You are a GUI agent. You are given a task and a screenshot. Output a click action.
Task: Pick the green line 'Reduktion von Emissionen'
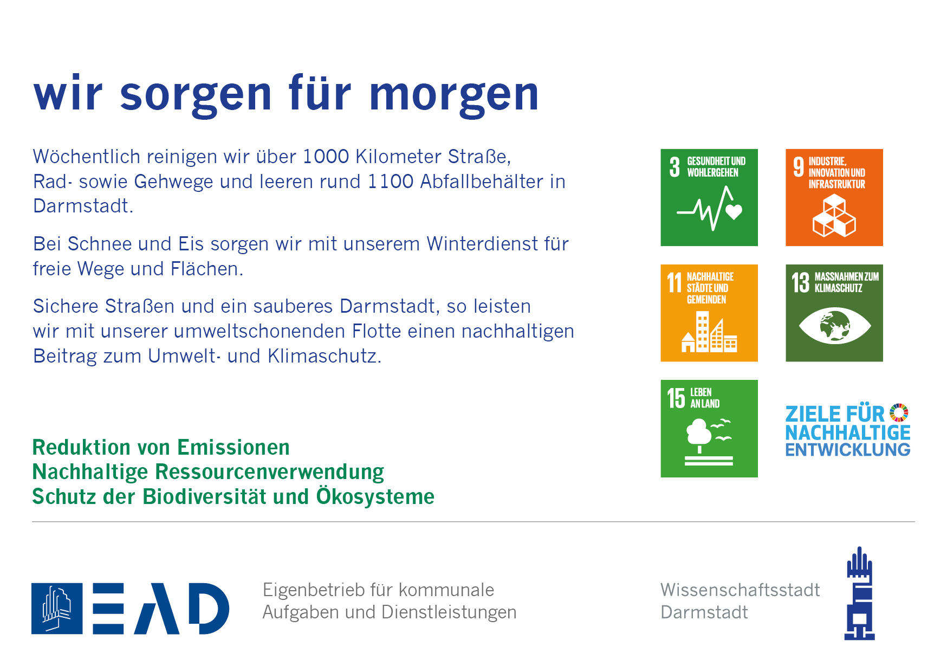(x=161, y=448)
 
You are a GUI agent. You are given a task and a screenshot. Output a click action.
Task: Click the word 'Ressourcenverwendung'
(x=269, y=472)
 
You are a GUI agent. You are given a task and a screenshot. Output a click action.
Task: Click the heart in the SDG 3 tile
(x=734, y=211)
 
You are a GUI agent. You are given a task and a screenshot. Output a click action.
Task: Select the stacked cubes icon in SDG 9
(x=834, y=216)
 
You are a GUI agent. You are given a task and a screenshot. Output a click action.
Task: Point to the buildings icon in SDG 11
(x=709, y=332)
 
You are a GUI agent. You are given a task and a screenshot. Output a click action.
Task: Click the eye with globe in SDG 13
(x=835, y=326)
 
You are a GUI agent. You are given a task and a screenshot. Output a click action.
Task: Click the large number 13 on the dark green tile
(x=800, y=282)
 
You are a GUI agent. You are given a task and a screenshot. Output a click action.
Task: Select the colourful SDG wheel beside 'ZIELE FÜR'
(x=899, y=412)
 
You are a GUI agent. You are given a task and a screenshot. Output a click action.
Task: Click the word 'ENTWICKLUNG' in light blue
(x=848, y=450)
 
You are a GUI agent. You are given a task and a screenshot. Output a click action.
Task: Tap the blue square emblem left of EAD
(x=57, y=609)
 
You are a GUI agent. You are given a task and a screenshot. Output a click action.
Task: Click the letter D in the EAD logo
(x=209, y=609)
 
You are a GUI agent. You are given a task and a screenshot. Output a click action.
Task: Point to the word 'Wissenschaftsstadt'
(x=740, y=590)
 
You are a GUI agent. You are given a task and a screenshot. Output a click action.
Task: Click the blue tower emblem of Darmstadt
(x=860, y=593)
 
